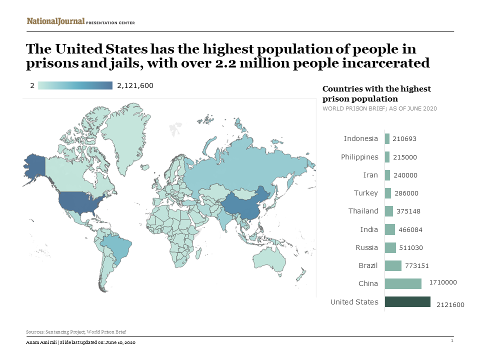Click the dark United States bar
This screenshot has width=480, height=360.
pos(407,302)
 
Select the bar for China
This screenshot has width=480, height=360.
pos(403,283)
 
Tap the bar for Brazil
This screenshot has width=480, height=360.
pos(393,265)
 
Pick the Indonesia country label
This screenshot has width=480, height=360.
pos(361,138)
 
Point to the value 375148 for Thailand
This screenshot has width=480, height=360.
pos(408,211)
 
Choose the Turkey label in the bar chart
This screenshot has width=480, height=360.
pos(366,193)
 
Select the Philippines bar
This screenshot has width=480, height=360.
pos(387,157)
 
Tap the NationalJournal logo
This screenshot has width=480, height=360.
pos(55,21)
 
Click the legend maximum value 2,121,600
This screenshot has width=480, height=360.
pos(135,85)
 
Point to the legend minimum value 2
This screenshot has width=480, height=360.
pos(32,85)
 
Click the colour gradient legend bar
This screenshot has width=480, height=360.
pos(75,85)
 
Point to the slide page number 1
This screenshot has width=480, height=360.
pos(451,340)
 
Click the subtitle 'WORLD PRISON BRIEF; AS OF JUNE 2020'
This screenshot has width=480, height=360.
pos(379,108)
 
